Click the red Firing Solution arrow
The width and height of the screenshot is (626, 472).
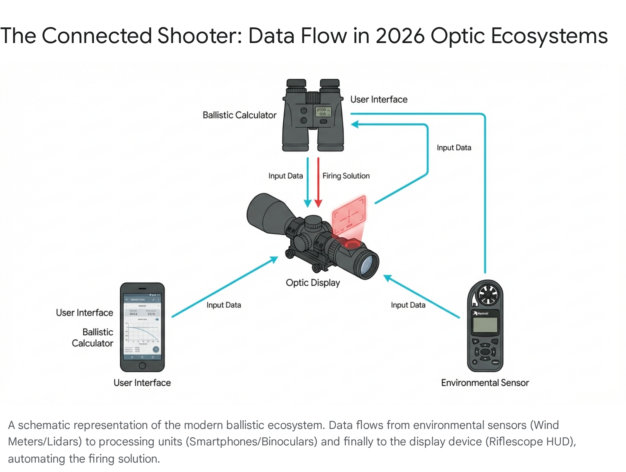pos(318,182)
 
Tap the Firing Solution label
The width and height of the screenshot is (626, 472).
pos(346,176)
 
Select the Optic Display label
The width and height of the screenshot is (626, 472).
pos(313,283)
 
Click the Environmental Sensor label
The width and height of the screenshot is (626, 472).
pos(485,383)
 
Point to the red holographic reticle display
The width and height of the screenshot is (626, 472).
pos(349,215)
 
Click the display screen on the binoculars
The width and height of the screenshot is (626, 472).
pos(323,112)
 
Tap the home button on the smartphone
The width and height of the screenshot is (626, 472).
pos(142,366)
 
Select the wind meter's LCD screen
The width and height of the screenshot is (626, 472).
pos(485,325)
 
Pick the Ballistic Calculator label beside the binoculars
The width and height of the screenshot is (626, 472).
pos(239,115)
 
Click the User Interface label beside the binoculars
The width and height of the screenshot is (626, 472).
pos(379,99)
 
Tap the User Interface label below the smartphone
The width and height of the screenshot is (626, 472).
pos(142,383)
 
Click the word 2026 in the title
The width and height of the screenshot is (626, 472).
pos(400,36)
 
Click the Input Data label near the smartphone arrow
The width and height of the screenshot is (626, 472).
pos(224,305)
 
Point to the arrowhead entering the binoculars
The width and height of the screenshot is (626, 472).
pos(354,124)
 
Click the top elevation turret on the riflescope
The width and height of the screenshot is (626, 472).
pos(313,222)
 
